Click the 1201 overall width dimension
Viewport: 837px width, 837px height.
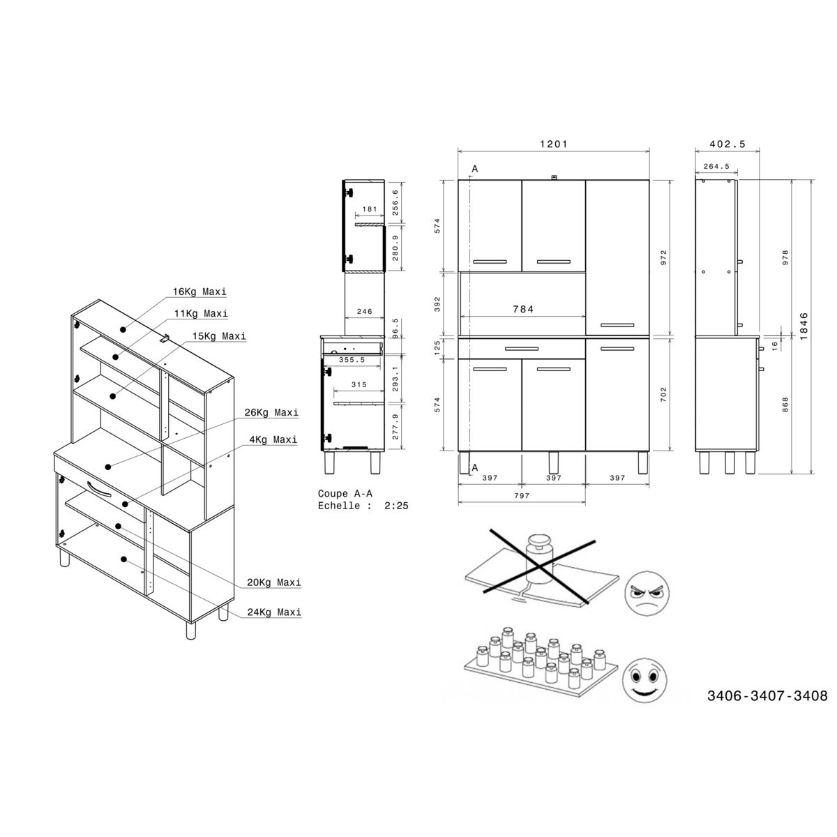click(x=554, y=144)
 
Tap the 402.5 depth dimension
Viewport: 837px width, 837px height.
click(x=727, y=144)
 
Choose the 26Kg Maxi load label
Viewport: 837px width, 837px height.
click(x=272, y=412)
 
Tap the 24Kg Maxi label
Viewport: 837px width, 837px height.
click(x=274, y=612)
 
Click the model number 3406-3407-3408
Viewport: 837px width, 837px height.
click(x=767, y=695)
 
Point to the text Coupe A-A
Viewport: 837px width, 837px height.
click(x=344, y=494)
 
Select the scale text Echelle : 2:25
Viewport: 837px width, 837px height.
click(x=363, y=506)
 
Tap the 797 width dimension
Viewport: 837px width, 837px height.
click(x=522, y=495)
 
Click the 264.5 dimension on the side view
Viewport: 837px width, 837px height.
click(x=716, y=167)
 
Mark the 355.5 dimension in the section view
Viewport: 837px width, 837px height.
click(x=352, y=360)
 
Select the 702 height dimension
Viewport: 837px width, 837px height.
click(x=663, y=394)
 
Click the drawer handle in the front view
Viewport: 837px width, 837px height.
click(x=522, y=348)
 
